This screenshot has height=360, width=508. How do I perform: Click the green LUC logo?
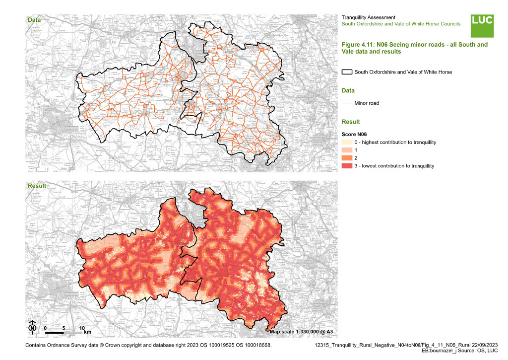coord(482,26)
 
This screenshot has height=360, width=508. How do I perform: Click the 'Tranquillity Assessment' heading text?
coord(369,17)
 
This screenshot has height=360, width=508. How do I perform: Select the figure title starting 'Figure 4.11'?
coord(414,48)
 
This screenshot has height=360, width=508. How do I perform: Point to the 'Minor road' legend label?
coord(367,103)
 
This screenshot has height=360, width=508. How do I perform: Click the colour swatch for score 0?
coord(347,143)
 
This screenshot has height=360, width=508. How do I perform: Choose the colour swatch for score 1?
coord(347,150)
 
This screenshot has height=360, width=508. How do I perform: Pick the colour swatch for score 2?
coord(347,158)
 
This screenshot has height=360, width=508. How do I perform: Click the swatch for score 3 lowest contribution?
coord(347,166)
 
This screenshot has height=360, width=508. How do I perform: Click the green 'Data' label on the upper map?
coord(34,20)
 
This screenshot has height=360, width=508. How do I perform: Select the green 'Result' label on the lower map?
coord(37,186)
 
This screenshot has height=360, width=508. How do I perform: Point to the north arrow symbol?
coord(32,327)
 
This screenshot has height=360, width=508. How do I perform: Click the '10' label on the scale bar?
coord(82,329)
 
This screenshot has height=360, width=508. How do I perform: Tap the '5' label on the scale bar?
coord(63,329)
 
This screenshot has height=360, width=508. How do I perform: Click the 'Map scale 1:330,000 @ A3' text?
coord(301,331)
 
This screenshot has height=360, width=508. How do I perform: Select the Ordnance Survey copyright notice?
coord(148,344)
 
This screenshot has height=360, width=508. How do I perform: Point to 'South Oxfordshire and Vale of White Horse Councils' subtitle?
coord(401,24)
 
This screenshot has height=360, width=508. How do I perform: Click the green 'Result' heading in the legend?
coord(351,122)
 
